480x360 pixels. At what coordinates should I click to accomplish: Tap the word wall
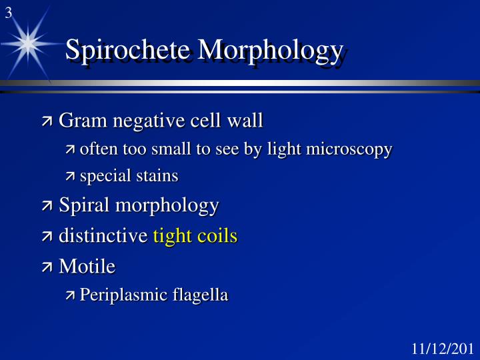(x=245, y=121)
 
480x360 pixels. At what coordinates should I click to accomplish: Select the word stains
(x=158, y=176)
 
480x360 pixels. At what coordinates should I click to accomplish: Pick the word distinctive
(x=103, y=235)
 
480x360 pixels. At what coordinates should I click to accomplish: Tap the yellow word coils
(x=217, y=235)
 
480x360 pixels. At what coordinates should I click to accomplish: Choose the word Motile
(x=87, y=266)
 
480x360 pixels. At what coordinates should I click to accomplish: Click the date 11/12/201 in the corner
(x=442, y=349)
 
